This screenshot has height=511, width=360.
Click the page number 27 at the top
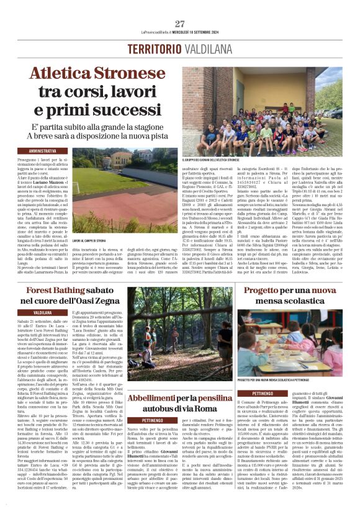click(180, 24)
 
